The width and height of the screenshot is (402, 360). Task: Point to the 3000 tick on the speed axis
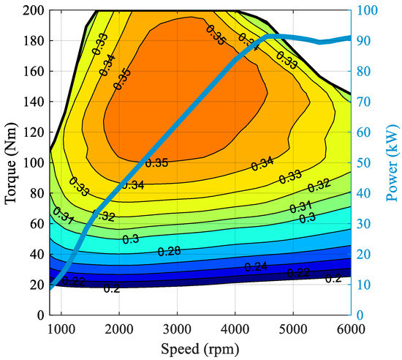[x=177, y=327]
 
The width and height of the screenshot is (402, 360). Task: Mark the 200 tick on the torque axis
[x=31, y=10]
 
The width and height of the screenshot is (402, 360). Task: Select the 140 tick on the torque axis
[x=31, y=102]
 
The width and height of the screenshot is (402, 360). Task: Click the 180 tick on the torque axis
[x=31, y=41]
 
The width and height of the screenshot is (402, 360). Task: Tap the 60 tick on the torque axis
[x=34, y=223]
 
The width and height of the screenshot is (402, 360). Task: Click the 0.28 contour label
[x=169, y=252]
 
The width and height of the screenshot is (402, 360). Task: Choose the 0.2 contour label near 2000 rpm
[x=112, y=288]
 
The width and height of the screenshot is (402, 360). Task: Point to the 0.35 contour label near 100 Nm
[x=156, y=162]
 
